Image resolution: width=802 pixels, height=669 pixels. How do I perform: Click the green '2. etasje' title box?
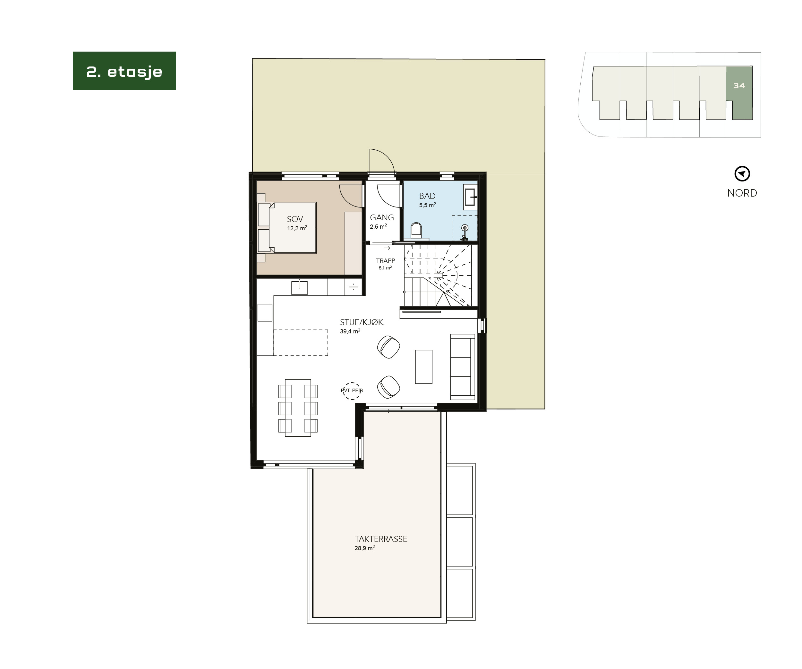pos(124,71)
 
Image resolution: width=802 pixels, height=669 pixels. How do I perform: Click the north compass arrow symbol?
pos(742,174)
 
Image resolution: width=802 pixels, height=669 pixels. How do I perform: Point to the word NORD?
pos(742,193)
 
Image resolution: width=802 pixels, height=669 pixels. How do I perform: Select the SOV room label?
pos(295,219)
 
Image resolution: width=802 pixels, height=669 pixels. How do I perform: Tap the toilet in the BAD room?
pos(416,231)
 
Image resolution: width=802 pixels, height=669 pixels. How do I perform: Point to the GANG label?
pos(382,217)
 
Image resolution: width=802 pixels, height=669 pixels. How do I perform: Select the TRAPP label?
pos(385,261)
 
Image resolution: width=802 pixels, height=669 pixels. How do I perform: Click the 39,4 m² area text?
pos(350,331)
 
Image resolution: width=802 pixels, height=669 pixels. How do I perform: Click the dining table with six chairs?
pos(298,408)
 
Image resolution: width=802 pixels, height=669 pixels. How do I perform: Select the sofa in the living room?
pos(463,367)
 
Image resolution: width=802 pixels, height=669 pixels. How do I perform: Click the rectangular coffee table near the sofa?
pos(423,366)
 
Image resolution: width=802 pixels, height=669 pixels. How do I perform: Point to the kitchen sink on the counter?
pos(299,287)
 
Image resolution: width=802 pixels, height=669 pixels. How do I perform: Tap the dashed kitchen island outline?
pos(301,342)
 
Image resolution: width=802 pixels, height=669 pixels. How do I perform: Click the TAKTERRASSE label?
pos(381,539)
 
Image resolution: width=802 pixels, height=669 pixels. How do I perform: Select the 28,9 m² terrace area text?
pos(364,548)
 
